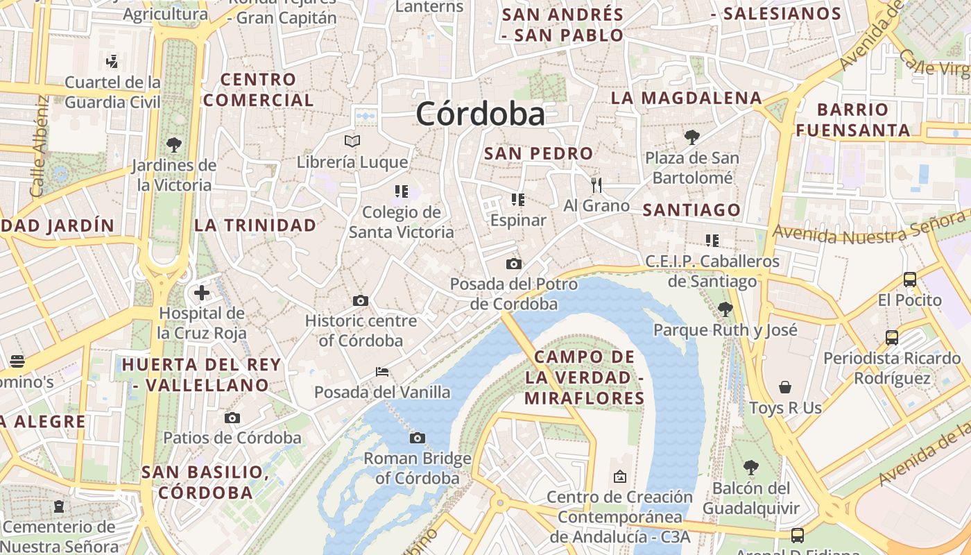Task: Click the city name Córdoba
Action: [x=480, y=114]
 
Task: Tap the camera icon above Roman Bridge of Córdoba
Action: [x=417, y=438]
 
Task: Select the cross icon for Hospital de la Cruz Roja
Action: [x=202, y=293]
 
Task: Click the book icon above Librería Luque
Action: [x=352, y=142]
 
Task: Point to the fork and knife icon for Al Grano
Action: [x=596, y=185]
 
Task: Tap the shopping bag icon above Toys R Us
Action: [x=785, y=387]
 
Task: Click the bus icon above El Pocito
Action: [x=909, y=280]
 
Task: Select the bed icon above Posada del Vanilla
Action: [x=381, y=372]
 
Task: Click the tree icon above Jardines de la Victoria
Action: [x=174, y=145]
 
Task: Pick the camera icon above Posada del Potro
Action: [x=513, y=264]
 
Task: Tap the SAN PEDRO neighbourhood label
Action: [x=538, y=153]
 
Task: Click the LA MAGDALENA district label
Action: [x=686, y=98]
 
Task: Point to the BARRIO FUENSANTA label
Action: [x=852, y=120]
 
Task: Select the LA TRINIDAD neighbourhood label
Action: [x=255, y=225]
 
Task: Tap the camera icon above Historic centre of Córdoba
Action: [x=360, y=300]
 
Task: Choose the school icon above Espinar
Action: [x=517, y=200]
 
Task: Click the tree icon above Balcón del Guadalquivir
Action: [x=750, y=468]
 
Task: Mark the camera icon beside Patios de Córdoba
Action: [x=232, y=418]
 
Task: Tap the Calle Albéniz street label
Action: [x=38, y=146]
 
